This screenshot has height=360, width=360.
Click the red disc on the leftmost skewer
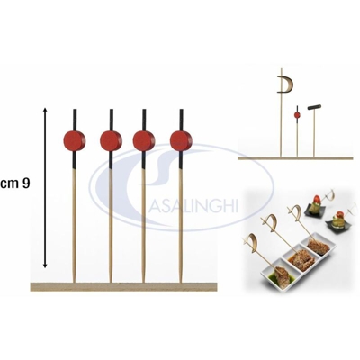coord(75,140)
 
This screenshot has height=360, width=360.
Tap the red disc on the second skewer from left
coord(112,140)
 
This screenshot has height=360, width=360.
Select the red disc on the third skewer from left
coord(144,140)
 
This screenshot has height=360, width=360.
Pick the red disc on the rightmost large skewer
coord(181,140)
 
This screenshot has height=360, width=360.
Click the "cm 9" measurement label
coord(15,184)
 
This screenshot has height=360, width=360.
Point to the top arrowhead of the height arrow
coord(45,109)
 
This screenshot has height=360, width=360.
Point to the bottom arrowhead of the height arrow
coord(45,265)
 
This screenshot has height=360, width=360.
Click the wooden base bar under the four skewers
coord(123,286)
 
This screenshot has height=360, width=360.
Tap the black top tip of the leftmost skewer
coord(75,110)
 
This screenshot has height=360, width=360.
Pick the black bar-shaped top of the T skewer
coord(314,107)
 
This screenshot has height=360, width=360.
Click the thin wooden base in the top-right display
coord(294,157)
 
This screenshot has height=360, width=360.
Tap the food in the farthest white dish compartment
coord(317,246)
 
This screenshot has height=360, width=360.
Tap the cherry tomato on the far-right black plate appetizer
coord(339,215)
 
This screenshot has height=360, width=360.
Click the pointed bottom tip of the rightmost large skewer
coord(181,282)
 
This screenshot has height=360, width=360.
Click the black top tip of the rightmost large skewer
coord(181,110)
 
